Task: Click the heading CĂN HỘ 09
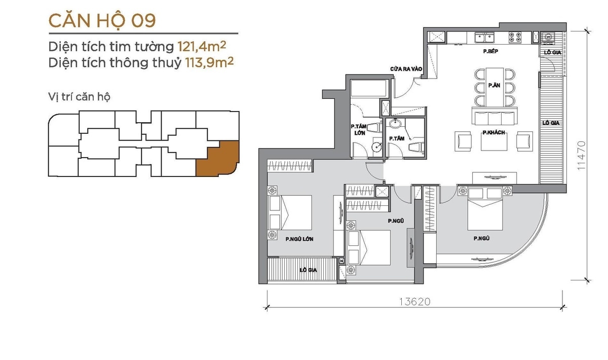click(102, 21)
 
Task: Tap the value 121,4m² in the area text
click(202, 47)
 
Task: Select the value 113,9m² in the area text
click(209, 62)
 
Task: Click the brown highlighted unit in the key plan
click(218, 159)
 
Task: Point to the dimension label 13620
click(415, 302)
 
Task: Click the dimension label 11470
click(581, 156)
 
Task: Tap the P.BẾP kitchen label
click(490, 51)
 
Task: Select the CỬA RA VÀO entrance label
click(406, 69)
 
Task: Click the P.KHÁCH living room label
click(493, 132)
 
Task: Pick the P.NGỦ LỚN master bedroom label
click(299, 239)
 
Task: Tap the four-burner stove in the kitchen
click(515, 38)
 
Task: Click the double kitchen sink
click(484, 38)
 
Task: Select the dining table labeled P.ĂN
click(495, 87)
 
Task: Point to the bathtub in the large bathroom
click(369, 88)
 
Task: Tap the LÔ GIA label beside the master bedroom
click(309, 270)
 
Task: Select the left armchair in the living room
click(463, 141)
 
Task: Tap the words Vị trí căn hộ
click(79, 97)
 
